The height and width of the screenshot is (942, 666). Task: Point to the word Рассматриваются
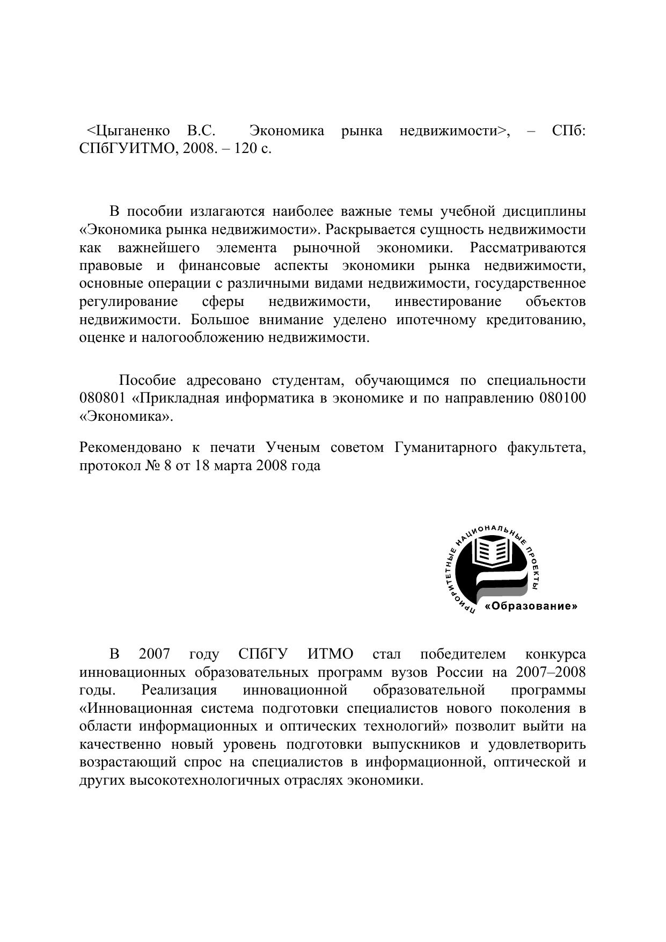point(527,248)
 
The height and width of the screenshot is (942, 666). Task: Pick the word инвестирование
point(448,302)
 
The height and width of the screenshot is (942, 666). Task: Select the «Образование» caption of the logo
point(531,607)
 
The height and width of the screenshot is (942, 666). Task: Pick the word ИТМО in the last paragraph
point(331,654)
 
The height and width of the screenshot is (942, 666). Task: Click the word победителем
point(463,654)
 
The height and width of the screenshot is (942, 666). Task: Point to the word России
point(456,673)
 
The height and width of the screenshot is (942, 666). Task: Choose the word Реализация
point(179,690)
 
